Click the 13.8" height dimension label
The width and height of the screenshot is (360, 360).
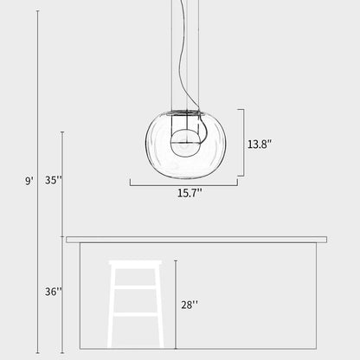[x=260, y=144]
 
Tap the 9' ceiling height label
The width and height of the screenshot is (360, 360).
[x=29, y=181]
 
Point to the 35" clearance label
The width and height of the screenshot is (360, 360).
[x=54, y=181]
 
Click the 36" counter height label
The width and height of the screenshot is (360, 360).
[x=54, y=292]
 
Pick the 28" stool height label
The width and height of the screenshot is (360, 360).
[x=189, y=304]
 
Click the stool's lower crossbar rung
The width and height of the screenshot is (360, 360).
[x=135, y=313]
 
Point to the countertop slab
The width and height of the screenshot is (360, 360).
[x=196, y=239]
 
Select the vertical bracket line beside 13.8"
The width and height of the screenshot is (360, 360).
[x=243, y=143]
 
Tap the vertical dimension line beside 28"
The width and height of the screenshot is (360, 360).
[x=175, y=303]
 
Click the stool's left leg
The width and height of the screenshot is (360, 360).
[x=112, y=307]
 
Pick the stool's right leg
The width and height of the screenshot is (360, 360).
[x=158, y=307]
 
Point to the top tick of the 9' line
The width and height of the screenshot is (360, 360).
[x=38, y=11]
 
